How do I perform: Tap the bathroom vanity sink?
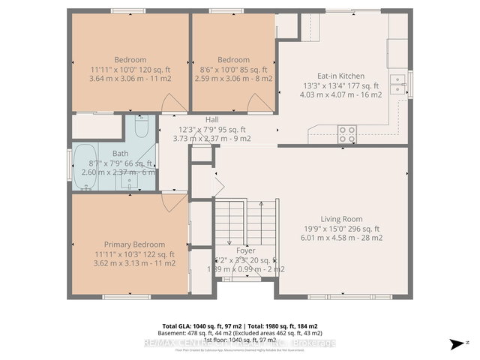click(132, 181)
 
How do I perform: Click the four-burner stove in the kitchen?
click(347, 134)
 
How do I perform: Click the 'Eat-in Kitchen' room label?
click(340, 75)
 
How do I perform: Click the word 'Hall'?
click(212, 119)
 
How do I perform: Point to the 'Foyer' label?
click(245, 250)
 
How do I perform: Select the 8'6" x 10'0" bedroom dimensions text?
click(233, 69)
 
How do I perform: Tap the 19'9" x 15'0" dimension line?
click(341, 229)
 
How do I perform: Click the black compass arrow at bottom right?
click(454, 344)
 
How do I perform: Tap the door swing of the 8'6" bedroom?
click(261, 103)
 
